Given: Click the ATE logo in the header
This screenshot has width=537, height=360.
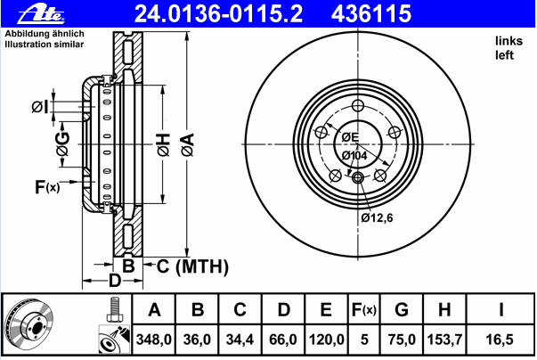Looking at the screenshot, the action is (41, 14).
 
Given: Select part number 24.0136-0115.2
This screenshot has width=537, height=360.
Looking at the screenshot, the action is (218, 13).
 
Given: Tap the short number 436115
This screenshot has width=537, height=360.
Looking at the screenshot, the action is (371, 13).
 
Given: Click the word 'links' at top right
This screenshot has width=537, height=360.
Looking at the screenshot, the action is (509, 41).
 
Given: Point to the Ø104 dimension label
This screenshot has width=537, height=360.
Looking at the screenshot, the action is (354, 156).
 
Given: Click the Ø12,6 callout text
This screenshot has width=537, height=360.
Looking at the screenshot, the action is (377, 217).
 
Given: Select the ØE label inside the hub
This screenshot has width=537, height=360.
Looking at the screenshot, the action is (350, 137).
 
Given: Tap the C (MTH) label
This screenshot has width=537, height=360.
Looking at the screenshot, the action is (192, 266).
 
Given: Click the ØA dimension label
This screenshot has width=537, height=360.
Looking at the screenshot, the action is (188, 145).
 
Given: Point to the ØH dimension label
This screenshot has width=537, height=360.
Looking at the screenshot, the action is (164, 145).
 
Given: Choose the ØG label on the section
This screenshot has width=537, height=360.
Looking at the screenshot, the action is (63, 144).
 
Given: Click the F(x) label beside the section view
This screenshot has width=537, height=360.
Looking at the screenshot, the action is (47, 187).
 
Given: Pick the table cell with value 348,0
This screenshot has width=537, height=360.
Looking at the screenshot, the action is (154, 340).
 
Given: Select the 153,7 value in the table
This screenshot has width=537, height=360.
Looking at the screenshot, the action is (444, 340).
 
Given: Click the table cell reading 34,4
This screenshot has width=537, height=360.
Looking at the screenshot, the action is (240, 340).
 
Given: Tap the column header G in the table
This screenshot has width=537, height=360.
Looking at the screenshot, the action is (402, 309).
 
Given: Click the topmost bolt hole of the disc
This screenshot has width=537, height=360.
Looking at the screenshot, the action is (358, 105).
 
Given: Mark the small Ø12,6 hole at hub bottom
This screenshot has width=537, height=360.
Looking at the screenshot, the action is (358, 177).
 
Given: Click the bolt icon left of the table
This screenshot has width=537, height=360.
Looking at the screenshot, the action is (115, 309).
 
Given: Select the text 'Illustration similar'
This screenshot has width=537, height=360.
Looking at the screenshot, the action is (45, 45).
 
